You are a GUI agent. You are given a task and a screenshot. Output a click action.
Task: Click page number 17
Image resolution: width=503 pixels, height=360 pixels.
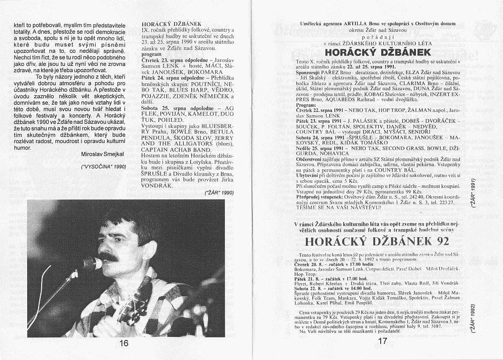(x=382, y=341)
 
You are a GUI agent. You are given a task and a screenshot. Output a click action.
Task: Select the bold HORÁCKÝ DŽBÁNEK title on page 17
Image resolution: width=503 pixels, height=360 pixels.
(x=377, y=52)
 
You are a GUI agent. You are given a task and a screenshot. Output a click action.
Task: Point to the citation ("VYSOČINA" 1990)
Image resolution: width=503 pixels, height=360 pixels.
(x=104, y=166)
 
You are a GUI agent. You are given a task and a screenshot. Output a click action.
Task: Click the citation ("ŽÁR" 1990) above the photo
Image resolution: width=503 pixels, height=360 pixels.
(x=220, y=193)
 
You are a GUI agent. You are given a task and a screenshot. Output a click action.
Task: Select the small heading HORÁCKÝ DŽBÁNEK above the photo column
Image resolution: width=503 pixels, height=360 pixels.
(x=164, y=24)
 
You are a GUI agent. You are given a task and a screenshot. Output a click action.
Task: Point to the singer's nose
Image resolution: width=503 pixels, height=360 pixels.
(x=108, y=248)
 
